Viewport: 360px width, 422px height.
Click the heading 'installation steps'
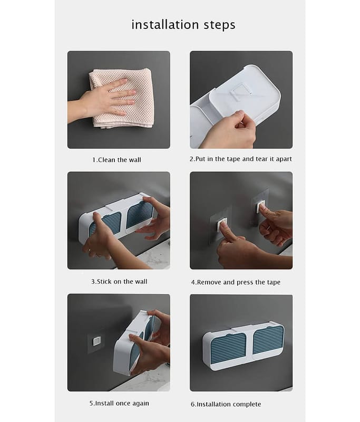click(183, 25)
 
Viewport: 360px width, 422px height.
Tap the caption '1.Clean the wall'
click(116, 160)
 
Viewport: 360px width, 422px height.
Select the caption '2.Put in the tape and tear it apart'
click(241, 159)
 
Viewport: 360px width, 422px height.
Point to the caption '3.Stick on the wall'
click(119, 282)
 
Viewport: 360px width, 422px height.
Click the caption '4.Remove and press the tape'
click(236, 282)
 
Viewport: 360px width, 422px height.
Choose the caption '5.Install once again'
click(119, 403)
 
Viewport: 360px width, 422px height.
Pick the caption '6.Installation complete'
click(226, 404)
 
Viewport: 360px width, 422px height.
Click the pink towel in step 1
click(122, 98)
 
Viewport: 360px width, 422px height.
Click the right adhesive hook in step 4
click(260, 207)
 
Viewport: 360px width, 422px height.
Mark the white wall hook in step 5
click(96, 341)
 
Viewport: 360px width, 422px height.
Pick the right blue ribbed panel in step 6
click(268, 340)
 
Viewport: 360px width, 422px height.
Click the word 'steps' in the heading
click(219, 25)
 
